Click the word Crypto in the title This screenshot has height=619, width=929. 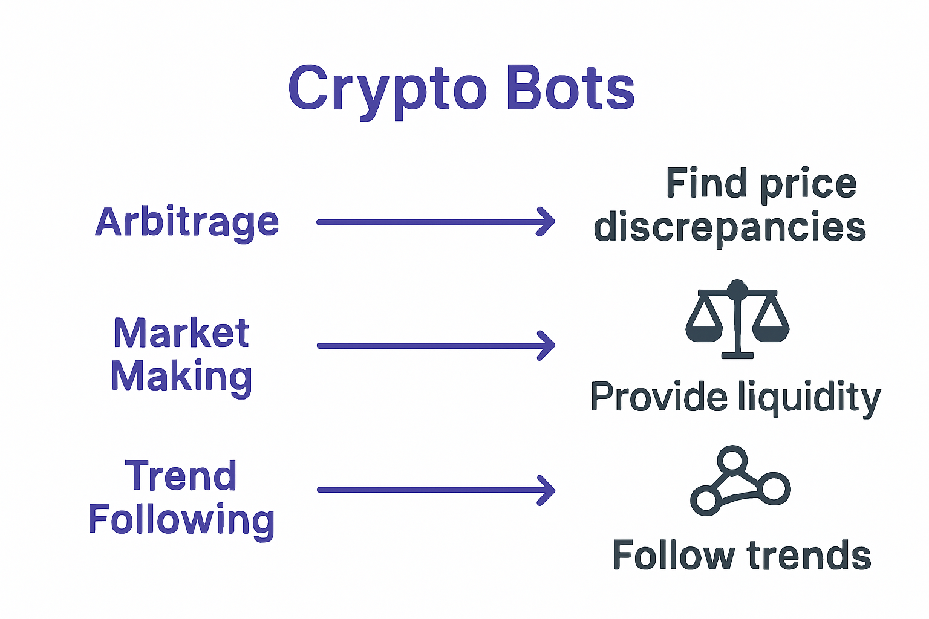[x=387, y=89]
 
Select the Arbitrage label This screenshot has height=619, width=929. [x=187, y=222]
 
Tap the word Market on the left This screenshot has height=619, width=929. [x=181, y=333]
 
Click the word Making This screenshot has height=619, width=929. [x=181, y=377]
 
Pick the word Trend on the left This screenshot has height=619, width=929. [x=181, y=476]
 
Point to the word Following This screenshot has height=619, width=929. [x=181, y=520]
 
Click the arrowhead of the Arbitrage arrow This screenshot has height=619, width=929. [x=547, y=222]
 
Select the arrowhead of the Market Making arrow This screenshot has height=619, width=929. [x=547, y=346]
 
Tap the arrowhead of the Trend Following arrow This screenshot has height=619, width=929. [x=547, y=490]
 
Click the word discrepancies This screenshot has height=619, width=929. [x=729, y=228]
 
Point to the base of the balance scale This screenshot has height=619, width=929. [x=737, y=355]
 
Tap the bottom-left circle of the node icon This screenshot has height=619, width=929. [x=705, y=501]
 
